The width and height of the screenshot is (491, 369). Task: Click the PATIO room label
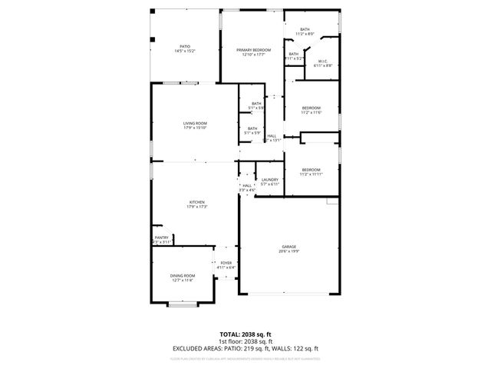185,46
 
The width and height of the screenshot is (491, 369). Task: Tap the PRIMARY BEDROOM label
252,49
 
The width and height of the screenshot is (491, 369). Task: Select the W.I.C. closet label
323,62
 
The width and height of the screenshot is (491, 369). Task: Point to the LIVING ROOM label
195,123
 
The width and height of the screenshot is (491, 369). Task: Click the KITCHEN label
197,203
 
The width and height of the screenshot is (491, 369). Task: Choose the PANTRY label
161,238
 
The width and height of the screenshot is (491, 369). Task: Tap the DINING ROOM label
183,276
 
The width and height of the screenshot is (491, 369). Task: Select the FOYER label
226,264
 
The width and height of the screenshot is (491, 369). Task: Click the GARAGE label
288,247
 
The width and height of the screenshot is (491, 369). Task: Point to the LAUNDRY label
269,180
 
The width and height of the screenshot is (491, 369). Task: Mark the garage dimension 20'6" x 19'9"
288,251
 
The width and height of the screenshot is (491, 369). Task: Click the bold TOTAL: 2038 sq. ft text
245,335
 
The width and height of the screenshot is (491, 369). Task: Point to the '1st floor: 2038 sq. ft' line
245,341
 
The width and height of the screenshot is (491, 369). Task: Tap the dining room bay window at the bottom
183,305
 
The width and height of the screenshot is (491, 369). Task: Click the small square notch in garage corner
332,201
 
